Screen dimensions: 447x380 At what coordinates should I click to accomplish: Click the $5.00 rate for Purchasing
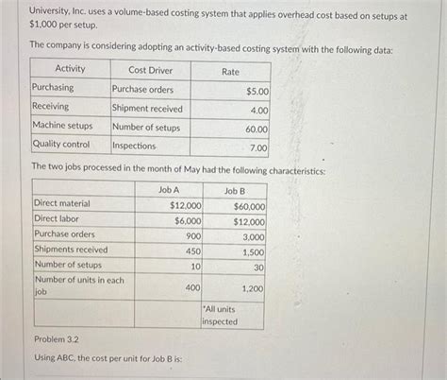[x=257, y=91]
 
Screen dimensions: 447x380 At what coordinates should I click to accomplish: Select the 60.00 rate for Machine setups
[x=257, y=129]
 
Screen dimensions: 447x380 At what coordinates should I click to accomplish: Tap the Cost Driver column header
[x=150, y=69]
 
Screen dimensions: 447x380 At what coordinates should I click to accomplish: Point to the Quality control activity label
[x=61, y=145]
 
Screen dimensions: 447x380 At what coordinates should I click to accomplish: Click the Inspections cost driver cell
[x=134, y=146]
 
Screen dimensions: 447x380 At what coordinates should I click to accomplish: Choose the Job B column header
[x=234, y=189]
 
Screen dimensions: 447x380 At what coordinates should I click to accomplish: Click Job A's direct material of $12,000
[x=185, y=204]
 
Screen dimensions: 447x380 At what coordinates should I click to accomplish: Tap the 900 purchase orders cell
[x=192, y=235]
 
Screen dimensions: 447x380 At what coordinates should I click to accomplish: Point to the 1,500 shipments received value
[x=254, y=252]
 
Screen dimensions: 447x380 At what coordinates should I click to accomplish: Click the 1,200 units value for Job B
[x=252, y=287]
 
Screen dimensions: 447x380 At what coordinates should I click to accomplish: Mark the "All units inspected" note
[x=220, y=316]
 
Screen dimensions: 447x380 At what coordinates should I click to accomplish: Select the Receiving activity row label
[x=51, y=107]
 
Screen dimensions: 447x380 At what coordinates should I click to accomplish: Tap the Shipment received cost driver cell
[x=147, y=108]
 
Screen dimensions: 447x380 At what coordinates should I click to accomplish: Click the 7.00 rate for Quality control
[x=258, y=147]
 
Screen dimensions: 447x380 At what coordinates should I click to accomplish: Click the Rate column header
[x=230, y=71]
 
